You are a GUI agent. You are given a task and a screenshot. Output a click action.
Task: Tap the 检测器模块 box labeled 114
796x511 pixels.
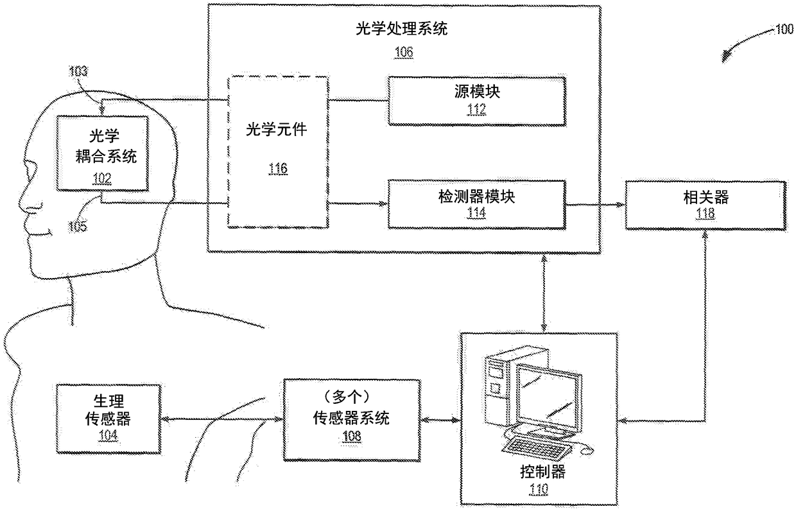[x=476, y=204]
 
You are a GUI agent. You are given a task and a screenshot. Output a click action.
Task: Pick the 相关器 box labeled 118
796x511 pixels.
[x=705, y=205]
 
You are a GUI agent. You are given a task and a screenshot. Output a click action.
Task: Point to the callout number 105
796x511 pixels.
[x=77, y=225]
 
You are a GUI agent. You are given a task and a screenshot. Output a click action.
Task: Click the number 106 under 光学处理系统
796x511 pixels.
[x=404, y=52]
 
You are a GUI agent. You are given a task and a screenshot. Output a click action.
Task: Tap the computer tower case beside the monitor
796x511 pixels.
[x=498, y=391]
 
